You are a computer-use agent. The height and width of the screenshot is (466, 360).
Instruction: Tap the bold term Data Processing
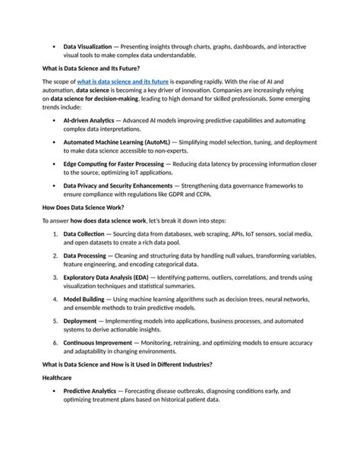tap(85, 256)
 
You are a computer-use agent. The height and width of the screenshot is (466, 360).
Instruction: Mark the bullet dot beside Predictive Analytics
tap(54, 391)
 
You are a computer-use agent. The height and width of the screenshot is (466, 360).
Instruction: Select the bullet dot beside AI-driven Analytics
tap(54, 120)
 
